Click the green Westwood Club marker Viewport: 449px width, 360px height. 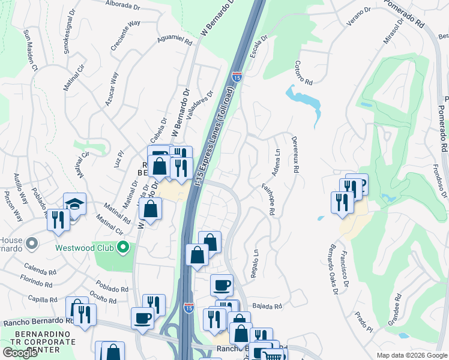(x=123, y=247)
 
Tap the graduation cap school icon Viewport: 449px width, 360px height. (x=74, y=203)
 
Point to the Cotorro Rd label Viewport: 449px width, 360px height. (x=304, y=73)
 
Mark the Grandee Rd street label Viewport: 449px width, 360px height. (x=397, y=306)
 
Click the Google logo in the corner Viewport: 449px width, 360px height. (x=20, y=353)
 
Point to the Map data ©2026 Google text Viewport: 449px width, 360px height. (x=411, y=355)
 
